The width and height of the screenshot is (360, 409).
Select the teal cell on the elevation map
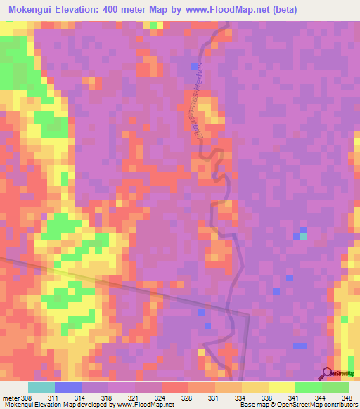click(303, 237)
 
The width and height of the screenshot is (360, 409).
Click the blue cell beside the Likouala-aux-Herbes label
click(194, 66)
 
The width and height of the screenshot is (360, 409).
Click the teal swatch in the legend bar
click(41, 387)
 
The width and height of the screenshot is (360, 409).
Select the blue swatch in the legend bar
click(68, 387)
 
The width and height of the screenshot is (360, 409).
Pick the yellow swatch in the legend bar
click(282, 387)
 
